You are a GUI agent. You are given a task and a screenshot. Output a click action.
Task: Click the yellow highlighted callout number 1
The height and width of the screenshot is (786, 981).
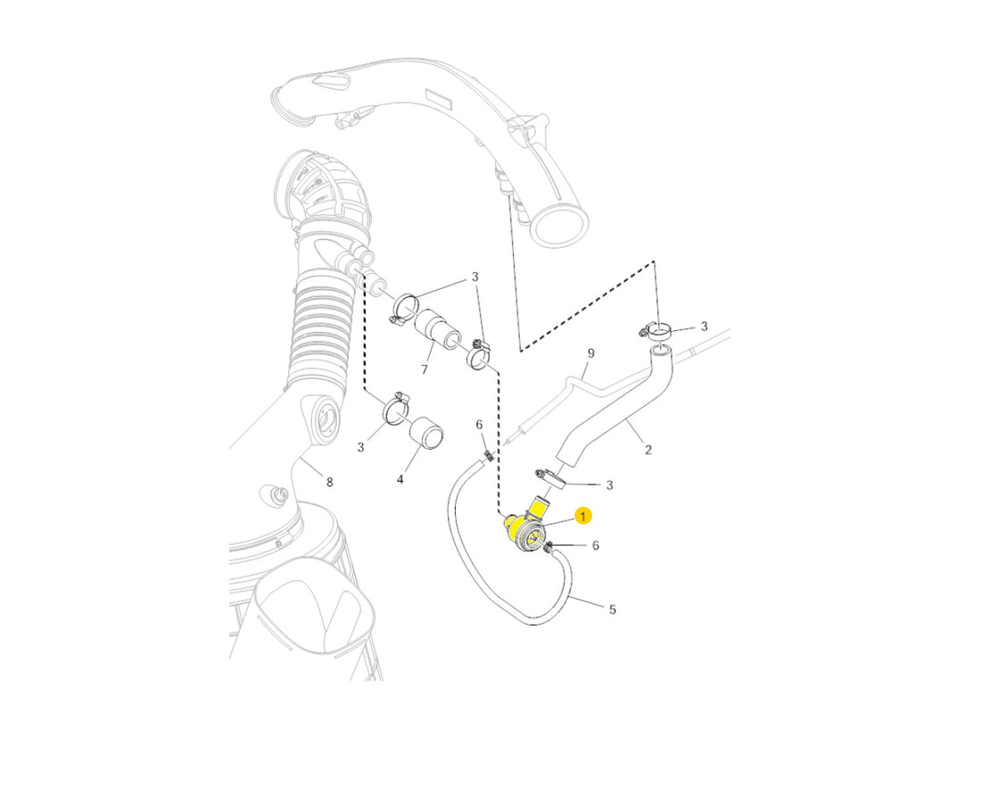pyautogui.click(x=583, y=517)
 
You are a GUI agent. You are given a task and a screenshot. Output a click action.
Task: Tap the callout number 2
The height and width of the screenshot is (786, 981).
pyautogui.click(x=648, y=450)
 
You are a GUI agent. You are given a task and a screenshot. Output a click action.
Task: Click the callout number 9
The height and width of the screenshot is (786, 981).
pyautogui.click(x=590, y=353)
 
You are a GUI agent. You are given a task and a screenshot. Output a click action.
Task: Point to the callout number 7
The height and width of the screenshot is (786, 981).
pyautogui.click(x=425, y=370)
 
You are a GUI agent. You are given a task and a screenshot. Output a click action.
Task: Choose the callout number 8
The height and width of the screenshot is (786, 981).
pyautogui.click(x=329, y=482)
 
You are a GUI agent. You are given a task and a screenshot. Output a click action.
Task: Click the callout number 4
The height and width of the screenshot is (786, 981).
pyautogui.click(x=400, y=480)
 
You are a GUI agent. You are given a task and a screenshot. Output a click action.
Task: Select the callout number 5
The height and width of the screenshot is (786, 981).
pyautogui.click(x=613, y=608)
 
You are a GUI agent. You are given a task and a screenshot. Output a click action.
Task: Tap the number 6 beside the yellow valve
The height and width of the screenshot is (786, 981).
pyautogui.click(x=595, y=546)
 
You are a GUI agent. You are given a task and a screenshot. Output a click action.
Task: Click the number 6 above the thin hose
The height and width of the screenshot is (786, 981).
pyautogui.click(x=479, y=425)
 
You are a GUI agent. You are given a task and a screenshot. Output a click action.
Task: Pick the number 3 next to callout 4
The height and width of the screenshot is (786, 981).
pyautogui.click(x=360, y=448)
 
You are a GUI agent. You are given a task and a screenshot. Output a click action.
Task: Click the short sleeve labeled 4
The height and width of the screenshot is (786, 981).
pyautogui.click(x=425, y=433)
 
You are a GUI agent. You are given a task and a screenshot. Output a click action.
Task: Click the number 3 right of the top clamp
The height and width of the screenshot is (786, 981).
pyautogui.click(x=704, y=326)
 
